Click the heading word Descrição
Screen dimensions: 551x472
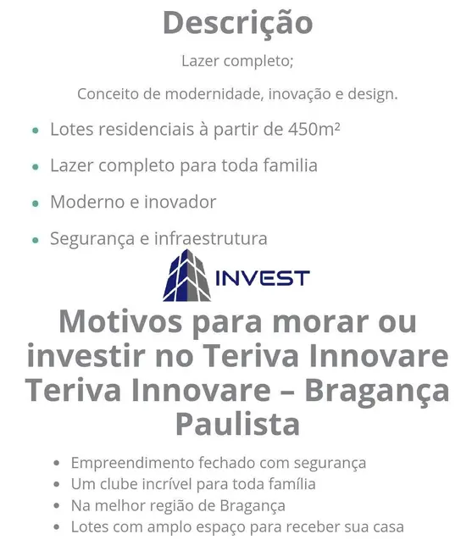pos(237,23)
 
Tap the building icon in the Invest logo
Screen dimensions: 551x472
pos(186,275)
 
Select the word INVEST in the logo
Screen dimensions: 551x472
pos(263,278)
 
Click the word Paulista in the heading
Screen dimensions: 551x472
pos(237,423)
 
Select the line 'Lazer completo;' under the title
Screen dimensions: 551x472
pos(237,61)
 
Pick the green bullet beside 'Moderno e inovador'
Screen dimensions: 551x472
pos(35,203)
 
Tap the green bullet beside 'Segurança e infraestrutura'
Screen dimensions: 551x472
pos(35,240)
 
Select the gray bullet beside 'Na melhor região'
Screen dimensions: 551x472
pos(56,506)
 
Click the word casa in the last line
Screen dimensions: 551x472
pos(386,526)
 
